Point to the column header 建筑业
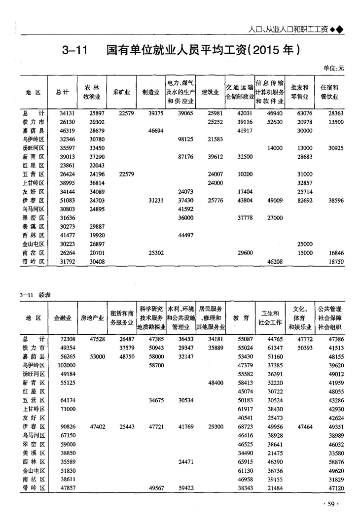[211, 92]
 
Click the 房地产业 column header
[92, 318]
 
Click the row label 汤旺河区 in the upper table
[34, 148]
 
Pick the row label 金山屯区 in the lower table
[34, 470]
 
